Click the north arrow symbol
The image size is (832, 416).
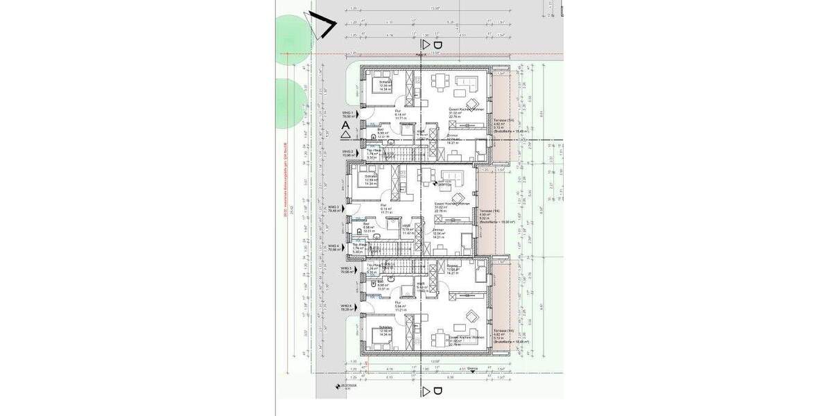(x=320, y=26)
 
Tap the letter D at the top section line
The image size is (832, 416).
(x=437, y=44)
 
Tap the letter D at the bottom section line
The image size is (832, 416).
(x=437, y=392)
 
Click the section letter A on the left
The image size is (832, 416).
(x=347, y=128)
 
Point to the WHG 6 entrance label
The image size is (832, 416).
(x=347, y=306)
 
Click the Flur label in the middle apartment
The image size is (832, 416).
(x=382, y=205)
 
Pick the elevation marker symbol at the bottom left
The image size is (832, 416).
(x=337, y=385)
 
